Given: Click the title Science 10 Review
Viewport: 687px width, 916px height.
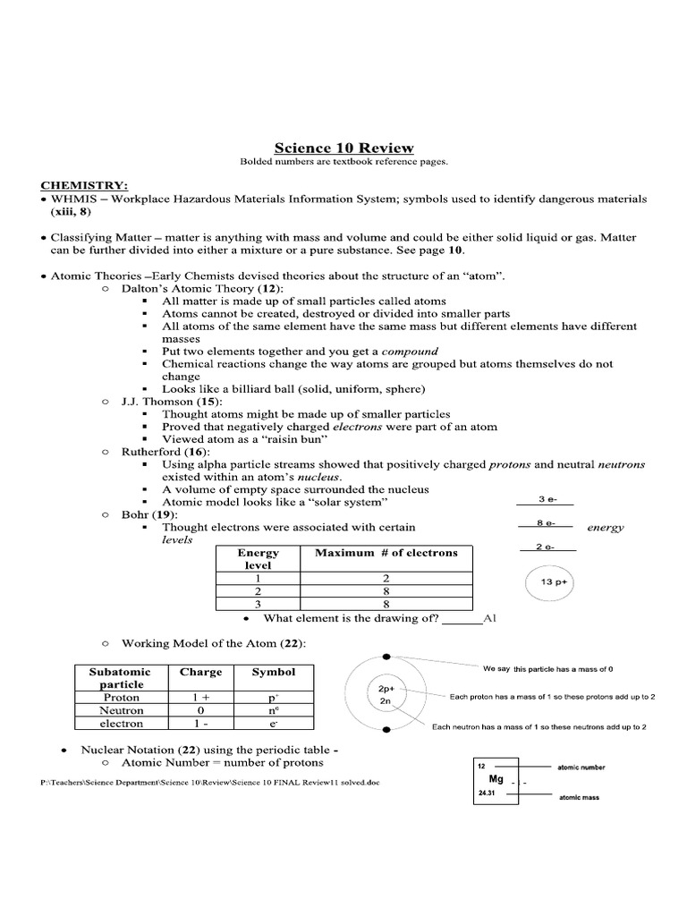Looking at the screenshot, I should point(343,148).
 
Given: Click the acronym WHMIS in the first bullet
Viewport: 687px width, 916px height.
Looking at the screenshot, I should point(70,198).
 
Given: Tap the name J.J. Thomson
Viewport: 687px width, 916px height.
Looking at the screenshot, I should point(157,402).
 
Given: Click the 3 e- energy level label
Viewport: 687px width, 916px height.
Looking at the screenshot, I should point(546,499).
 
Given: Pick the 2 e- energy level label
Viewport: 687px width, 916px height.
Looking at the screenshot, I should point(546,547).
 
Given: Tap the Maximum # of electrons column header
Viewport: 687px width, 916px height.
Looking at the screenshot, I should point(386,553).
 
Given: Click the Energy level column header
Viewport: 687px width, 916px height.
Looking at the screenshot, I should point(258,559).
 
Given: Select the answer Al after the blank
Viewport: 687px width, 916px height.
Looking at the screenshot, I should point(488,618).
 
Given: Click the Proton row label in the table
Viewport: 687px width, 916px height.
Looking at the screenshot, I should point(122,697).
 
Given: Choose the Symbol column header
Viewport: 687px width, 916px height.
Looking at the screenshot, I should point(273,671).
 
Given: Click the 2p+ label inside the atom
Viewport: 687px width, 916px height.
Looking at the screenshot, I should point(386,689).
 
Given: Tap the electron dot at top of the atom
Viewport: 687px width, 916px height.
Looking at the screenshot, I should point(386,659).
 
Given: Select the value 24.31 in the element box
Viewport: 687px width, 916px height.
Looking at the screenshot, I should point(488,793).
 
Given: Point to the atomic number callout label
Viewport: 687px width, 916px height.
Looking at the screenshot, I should point(581,768).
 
